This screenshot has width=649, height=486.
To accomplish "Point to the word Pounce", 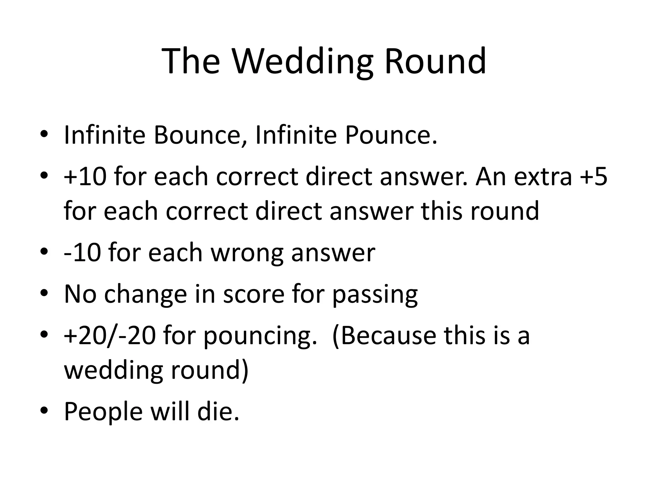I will [390, 135].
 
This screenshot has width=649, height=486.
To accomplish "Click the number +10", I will [85, 176].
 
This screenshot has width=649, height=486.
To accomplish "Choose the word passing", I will [375, 295].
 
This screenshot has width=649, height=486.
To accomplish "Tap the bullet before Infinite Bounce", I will [44, 134].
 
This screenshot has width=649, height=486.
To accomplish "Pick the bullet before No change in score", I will [44, 293].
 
